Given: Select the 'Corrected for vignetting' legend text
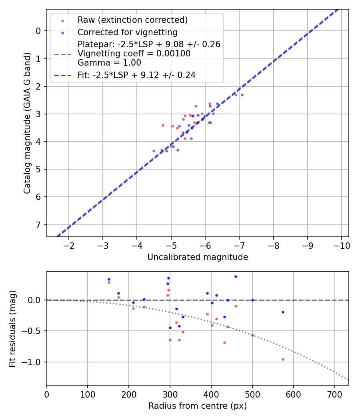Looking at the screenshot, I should pos(127,32).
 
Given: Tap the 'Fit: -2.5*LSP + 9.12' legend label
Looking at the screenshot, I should pos(136,75).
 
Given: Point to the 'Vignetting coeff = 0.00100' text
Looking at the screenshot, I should pos(134,54).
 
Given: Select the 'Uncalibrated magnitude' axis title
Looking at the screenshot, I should pos(198,257).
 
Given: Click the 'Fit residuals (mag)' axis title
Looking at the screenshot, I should pos(12,328).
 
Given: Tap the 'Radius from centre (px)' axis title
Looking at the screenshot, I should pos(198,406).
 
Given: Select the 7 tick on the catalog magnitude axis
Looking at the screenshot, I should pos(38,224).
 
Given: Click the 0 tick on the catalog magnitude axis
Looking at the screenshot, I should pos(38,31).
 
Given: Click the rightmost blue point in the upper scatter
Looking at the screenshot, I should pos(242,95).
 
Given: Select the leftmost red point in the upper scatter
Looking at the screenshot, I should pos(154,151).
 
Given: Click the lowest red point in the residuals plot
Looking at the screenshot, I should pos(283,359).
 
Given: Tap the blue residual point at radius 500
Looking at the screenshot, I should pos(252,300).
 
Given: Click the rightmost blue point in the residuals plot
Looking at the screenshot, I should pos(283,312).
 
